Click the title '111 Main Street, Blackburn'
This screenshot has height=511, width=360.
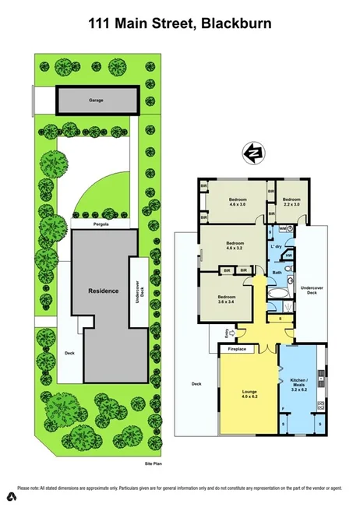pyautogui.click(x=179, y=24)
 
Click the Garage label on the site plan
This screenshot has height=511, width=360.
pyautogui.click(x=96, y=100)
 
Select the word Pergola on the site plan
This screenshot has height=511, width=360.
pyautogui.click(x=97, y=224)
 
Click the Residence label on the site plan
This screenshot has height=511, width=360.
pyautogui.click(x=104, y=291)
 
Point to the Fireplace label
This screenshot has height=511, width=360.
pyautogui.click(x=237, y=349)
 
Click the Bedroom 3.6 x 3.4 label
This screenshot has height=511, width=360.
pyautogui.click(x=227, y=298)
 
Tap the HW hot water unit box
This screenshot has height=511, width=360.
pyautogui.click(x=288, y=255)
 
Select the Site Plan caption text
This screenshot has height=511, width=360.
pyautogui.click(x=153, y=463)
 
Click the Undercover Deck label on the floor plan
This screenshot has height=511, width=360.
pyautogui.click(x=312, y=290)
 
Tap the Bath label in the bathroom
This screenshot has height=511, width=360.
pyautogui.click(x=277, y=272)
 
